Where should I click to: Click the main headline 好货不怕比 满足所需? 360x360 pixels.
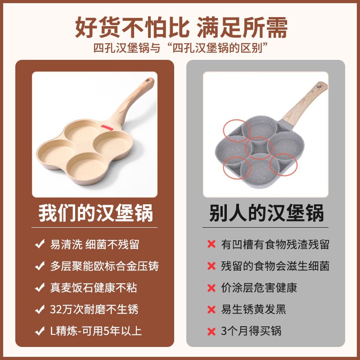coord(181,27)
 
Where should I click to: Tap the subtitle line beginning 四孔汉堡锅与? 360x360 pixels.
coord(181,48)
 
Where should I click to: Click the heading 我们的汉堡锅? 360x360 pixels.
coord(95,213)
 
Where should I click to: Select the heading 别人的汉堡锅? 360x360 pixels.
coord(266,213)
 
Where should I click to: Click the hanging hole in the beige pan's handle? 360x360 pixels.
coord(149,81)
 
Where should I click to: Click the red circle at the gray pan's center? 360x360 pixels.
coord(259,148)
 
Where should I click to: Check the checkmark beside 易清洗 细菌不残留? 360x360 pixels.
coord(40,244)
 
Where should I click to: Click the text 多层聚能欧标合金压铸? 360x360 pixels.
coord(104,266)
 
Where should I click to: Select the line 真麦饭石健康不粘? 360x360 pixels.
coord(94,288)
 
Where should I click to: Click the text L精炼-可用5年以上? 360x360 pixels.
coord(96,331)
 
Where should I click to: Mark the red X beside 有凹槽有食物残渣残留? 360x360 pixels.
coord(211,244)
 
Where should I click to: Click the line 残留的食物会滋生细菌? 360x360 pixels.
coord(275,266)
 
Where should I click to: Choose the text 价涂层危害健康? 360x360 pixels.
coord(259,288)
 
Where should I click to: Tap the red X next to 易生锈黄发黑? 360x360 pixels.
coord(211,310)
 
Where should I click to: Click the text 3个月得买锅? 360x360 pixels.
coord(251,331)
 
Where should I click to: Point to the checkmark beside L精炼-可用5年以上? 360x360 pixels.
coord(40,331)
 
